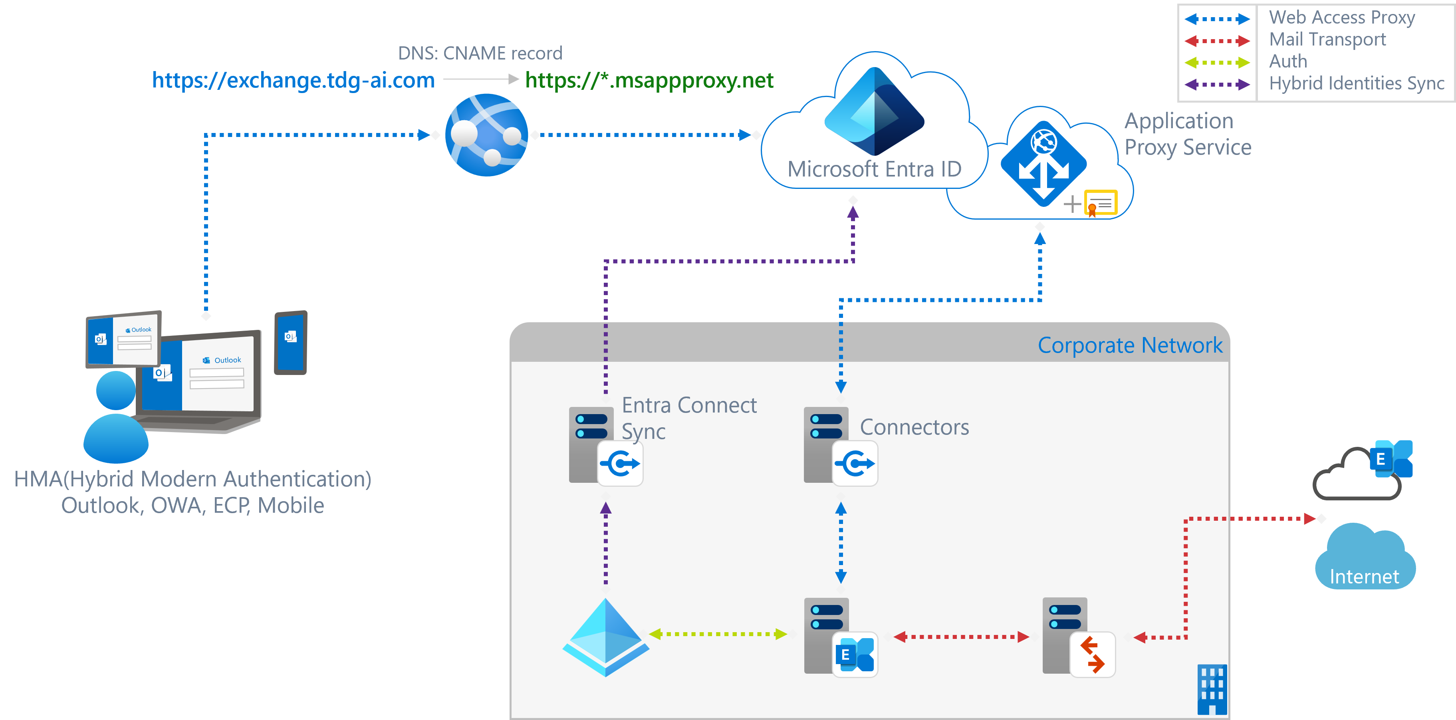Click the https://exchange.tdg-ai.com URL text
[294, 80]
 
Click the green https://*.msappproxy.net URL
[649, 80]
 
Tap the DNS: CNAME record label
[480, 53]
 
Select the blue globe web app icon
[487, 135]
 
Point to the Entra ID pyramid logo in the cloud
[875, 110]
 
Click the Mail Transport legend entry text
[1327, 40]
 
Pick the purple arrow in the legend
[1217, 85]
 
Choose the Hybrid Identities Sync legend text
[1356, 83]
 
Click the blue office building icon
[1212, 690]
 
